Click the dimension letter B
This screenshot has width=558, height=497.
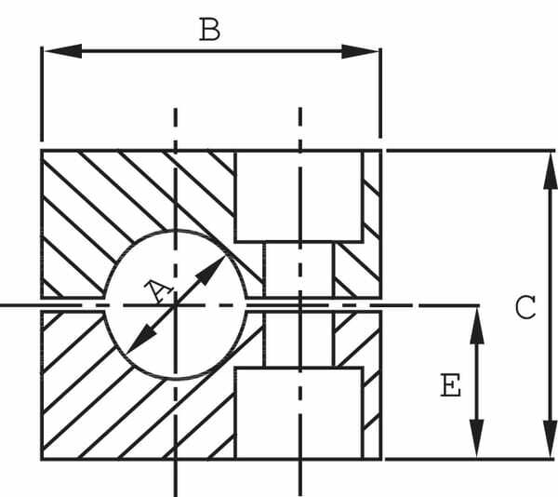210,30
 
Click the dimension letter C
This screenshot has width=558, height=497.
525,307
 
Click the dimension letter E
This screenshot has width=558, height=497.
451,385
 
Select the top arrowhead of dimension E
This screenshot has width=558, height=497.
476,320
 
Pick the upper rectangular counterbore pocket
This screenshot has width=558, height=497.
299,195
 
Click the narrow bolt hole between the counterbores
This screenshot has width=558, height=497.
299,279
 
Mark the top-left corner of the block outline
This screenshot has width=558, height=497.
42,151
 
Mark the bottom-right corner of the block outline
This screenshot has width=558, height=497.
381,459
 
